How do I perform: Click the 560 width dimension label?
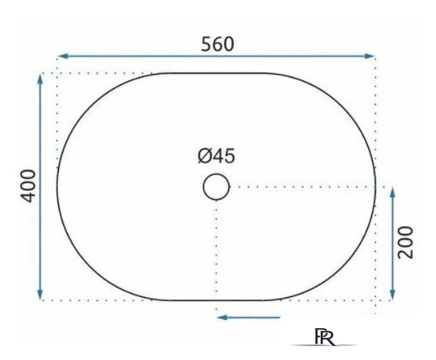click(218, 43)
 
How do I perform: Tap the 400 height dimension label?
click(27, 186)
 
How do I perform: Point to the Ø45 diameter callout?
click(216, 155)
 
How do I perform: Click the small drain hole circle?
click(216, 187)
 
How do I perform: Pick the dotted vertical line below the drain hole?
click(216, 254)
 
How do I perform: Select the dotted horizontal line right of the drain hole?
click(303, 187)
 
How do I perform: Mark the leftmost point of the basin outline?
click(56, 187)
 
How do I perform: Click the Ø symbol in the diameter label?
click(204, 155)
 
